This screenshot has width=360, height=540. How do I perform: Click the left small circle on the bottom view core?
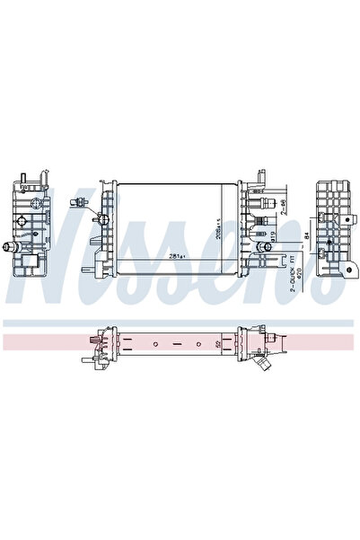155,344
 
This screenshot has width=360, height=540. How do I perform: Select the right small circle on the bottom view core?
199,344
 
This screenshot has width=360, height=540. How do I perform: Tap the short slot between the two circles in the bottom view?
177,344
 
